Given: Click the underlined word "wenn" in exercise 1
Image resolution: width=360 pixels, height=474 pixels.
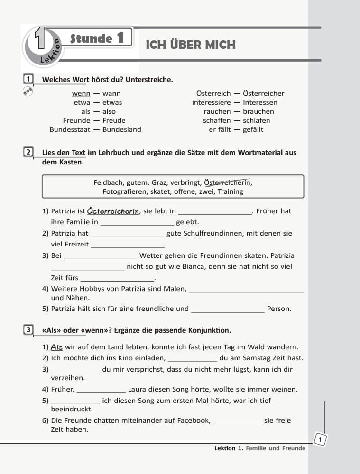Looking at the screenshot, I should point(81,93).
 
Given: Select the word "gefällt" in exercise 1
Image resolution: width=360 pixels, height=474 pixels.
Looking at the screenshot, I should point(253,129).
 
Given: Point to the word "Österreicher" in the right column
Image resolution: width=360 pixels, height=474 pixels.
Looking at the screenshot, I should point(263,93).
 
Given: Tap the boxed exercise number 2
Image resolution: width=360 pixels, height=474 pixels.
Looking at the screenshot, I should point(28,153).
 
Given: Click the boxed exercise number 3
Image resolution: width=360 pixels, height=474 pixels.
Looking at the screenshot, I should point(28,329).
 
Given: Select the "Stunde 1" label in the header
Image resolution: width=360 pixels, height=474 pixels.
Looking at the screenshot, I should point(97,38).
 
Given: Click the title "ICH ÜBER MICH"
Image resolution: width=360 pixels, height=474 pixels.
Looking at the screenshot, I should point(190,45).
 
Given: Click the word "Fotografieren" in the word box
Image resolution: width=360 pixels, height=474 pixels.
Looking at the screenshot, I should point(124,191).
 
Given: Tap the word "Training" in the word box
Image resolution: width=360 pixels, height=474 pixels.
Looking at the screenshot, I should point(230,191).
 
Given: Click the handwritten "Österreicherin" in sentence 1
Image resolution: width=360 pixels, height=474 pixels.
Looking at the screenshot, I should point(113,211).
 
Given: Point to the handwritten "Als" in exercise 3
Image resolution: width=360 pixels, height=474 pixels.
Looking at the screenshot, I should point(57,347).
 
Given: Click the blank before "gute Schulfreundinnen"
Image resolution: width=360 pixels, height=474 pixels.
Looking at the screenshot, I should point(127,233).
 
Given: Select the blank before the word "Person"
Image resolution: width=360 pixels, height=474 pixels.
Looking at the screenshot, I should point(228,309).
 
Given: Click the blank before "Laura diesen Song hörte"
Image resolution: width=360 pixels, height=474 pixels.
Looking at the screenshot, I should point(101,389).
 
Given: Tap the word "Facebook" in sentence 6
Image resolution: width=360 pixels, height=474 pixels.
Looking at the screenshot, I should point(193,420).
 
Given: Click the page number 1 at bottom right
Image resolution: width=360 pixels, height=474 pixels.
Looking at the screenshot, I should point(321,440).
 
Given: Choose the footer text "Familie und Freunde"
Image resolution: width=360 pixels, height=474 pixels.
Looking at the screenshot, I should point(276,448).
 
